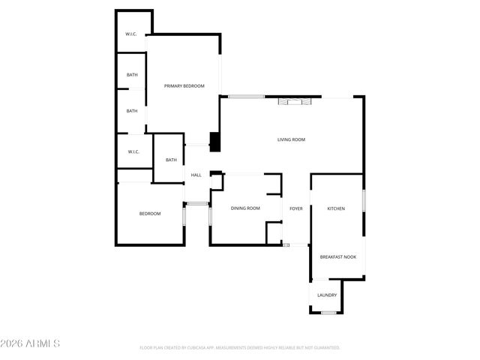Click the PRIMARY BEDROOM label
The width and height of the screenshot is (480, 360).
coord(184,86)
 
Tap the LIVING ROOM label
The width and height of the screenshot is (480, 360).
coord(291,139)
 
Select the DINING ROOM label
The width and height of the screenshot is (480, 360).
coord(245,208)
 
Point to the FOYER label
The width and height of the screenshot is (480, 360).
coord(296,208)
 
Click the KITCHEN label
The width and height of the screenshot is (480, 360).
coord(336,208)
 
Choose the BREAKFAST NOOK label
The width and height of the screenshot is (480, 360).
coord(338,257)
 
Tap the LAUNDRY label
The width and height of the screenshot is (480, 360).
coord(327,295)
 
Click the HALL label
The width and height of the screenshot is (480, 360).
coord(196,175)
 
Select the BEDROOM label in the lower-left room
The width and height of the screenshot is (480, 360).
coord(150,214)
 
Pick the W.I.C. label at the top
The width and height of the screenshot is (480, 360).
coord(131,34)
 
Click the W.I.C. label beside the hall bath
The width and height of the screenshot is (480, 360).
coord(133,151)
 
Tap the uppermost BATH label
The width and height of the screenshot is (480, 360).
coord(132,75)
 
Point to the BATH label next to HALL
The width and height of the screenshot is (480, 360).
coord(171,160)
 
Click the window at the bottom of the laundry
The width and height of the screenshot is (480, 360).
coord(327,312)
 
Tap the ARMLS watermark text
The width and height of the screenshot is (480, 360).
coord(31,343)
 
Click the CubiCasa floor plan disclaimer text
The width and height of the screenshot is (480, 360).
coord(240,348)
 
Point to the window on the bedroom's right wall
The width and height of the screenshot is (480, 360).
coord(184,216)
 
